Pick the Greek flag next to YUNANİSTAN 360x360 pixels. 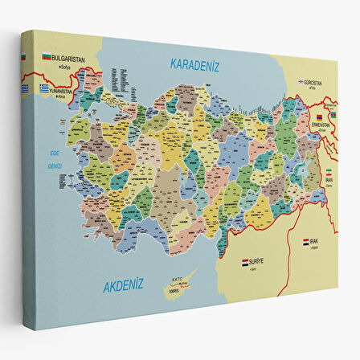(46, 88)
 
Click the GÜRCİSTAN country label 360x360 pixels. (314, 81)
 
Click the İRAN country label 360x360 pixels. (329, 180)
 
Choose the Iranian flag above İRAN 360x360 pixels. (329, 171)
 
